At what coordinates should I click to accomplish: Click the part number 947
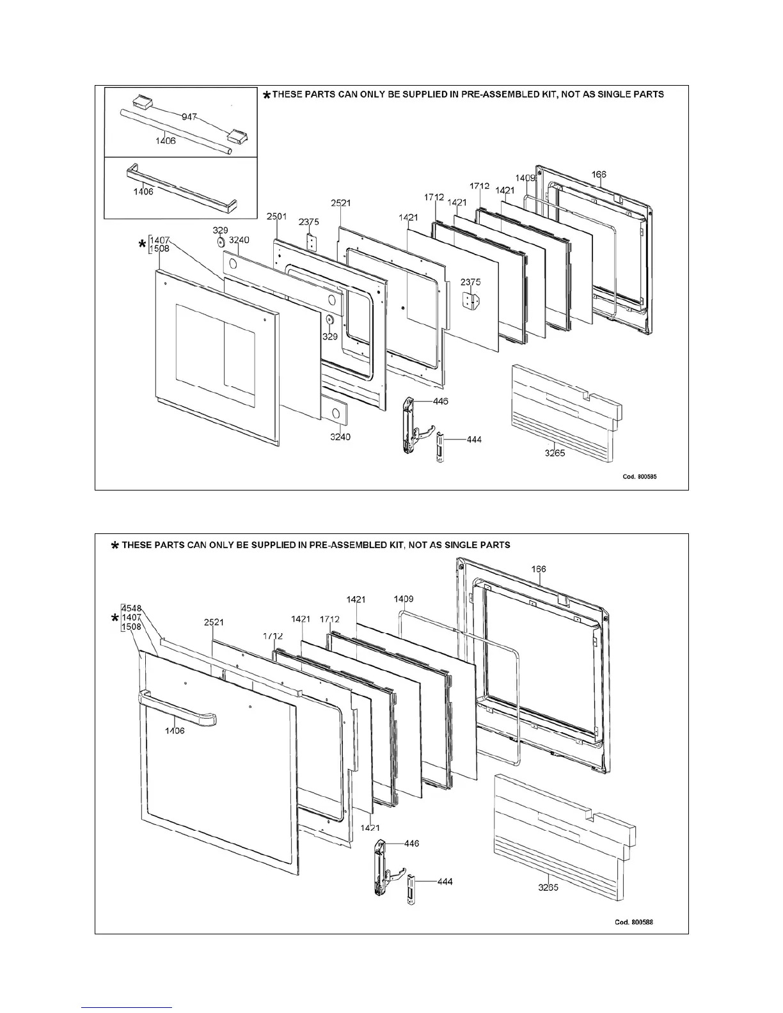click(x=189, y=118)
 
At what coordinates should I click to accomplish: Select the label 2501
click(x=277, y=217)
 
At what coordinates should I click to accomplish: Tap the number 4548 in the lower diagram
click(x=131, y=608)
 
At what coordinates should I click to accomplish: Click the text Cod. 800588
click(x=634, y=922)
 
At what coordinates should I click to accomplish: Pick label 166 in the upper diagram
click(x=599, y=174)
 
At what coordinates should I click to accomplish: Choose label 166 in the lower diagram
click(x=538, y=569)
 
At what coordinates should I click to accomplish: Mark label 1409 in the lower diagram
click(x=404, y=599)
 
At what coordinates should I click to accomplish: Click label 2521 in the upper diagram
click(x=340, y=203)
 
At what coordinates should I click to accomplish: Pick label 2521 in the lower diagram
click(x=214, y=622)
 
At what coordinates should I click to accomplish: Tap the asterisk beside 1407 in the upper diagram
click(x=142, y=245)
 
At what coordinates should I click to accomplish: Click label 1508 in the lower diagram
click(x=131, y=627)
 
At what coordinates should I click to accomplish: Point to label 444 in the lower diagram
click(x=445, y=882)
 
